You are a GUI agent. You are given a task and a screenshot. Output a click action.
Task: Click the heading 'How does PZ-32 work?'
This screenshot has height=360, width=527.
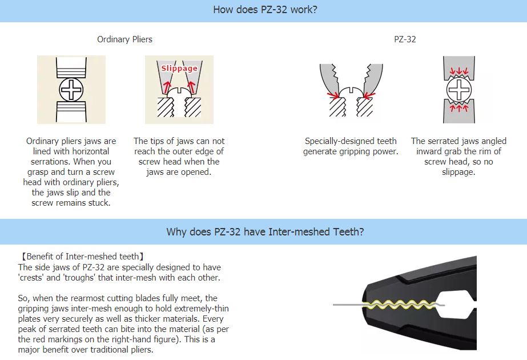coord(265,10)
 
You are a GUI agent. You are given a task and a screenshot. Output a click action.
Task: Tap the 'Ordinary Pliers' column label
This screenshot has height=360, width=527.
coord(124,39)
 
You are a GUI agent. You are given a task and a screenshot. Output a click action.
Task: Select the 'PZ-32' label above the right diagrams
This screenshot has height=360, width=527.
coord(404,39)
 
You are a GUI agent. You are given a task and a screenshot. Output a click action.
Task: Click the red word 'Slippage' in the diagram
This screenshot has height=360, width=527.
coord(179,68)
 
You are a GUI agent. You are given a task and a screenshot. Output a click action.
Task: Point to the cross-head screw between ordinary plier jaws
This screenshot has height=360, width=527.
coord(71,90)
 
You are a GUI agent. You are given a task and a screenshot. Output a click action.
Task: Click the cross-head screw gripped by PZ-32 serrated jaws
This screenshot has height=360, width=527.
coord(459,90)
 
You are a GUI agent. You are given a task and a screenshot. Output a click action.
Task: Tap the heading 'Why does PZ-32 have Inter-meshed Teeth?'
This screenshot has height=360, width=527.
coord(265,231)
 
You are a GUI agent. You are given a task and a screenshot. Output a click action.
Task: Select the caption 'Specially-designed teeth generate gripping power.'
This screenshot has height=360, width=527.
coord(351,146)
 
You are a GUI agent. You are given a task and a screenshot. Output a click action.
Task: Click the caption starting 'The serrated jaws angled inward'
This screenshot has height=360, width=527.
coord(458,156)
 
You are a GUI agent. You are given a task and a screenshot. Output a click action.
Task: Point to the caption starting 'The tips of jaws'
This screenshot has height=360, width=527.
coord(179,156)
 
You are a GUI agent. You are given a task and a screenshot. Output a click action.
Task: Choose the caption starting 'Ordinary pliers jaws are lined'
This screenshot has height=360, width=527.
coord(71,171)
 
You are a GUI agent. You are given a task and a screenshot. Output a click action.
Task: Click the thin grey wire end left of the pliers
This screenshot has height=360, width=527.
coord(343,304)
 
